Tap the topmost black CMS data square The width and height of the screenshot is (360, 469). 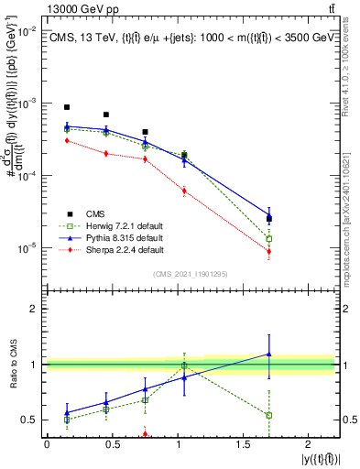point(67,107)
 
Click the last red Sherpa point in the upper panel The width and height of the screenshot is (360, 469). point(268,251)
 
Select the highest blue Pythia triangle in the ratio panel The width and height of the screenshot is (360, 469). point(268,354)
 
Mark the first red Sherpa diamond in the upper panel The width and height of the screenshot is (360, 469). point(67,141)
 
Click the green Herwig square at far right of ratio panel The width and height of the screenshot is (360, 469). point(268,415)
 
